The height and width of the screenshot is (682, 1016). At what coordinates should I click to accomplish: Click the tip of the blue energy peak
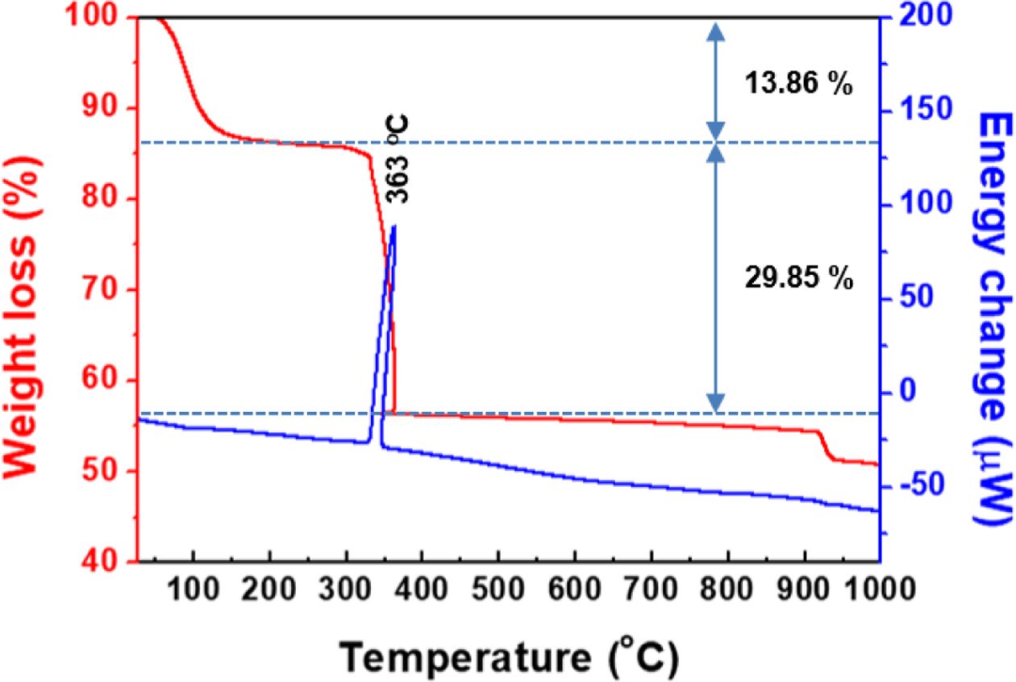coord(393,227)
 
